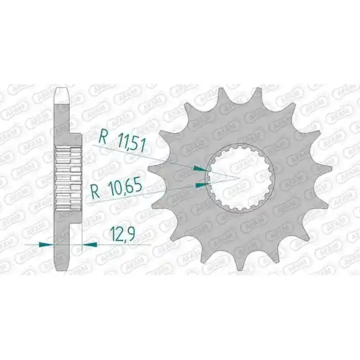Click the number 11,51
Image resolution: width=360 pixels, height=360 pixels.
coord(131,143)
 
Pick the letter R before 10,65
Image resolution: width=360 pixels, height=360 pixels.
coord(96,192)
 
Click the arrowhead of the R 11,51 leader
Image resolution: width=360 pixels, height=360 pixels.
coord(201,168)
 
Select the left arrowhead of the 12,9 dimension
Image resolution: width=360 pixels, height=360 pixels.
coord(46,245)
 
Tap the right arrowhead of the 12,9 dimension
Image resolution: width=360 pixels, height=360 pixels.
coord(89,245)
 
